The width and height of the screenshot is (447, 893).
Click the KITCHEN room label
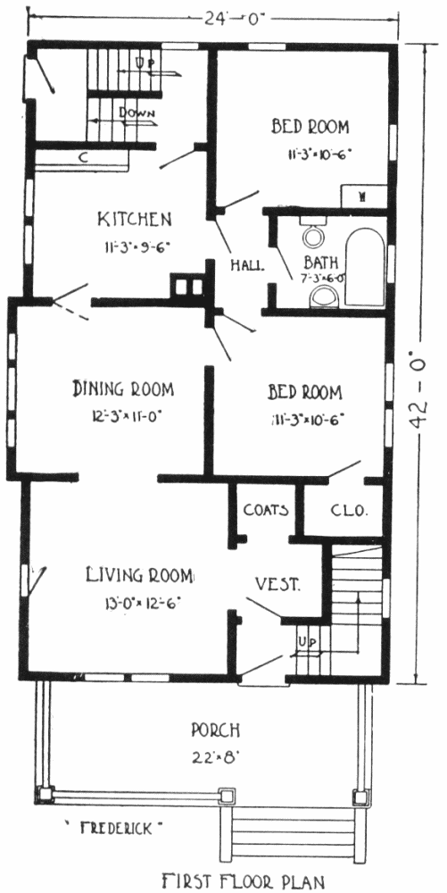tap(134, 219)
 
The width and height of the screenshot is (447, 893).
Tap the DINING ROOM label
tap(123, 389)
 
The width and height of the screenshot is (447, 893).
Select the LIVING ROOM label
tap(139, 575)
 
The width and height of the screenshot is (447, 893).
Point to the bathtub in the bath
tap(365, 269)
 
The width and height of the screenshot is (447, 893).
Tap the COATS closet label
tap(266, 510)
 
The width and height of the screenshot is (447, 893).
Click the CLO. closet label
tap(349, 510)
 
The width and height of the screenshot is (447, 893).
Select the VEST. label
tap(277, 584)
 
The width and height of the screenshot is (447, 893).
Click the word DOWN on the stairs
tap(137, 113)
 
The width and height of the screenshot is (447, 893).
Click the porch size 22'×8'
tap(214, 757)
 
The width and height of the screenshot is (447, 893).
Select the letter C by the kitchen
tap(83, 158)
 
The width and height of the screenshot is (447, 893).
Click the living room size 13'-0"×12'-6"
tap(139, 603)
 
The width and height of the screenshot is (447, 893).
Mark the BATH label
tap(321, 263)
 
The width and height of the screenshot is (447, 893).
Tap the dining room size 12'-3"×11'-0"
tap(126, 416)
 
